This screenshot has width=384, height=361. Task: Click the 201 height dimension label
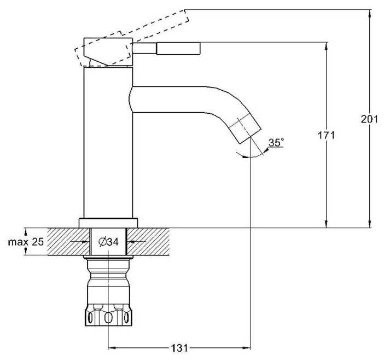coord(370,119)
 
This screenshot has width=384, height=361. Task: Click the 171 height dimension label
coord(327,135)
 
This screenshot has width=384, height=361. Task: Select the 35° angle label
coord(277,143)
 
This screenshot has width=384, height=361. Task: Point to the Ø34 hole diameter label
coord(108,241)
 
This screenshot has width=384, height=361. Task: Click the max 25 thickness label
coord(26,241)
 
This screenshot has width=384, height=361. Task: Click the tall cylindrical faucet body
coord(108,142)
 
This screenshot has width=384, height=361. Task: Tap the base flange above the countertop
coord(108,223)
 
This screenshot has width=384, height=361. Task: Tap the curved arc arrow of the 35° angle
coord(254,157)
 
